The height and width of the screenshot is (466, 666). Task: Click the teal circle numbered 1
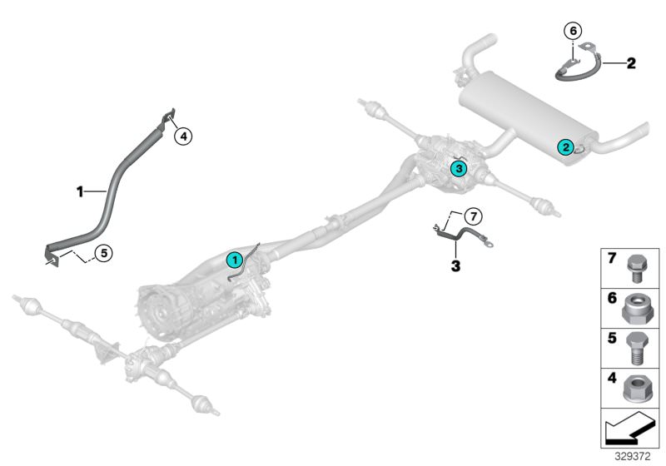(235, 259)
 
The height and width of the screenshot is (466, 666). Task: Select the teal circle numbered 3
(457, 168)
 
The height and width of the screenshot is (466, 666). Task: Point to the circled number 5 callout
(104, 250)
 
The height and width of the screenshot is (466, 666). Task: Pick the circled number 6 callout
(571, 31)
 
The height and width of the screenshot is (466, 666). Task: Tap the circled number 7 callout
(472, 216)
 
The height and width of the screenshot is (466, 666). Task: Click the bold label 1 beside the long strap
(81, 191)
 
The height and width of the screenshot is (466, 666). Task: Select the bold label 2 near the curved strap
(630, 62)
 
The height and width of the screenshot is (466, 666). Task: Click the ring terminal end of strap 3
(492, 245)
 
